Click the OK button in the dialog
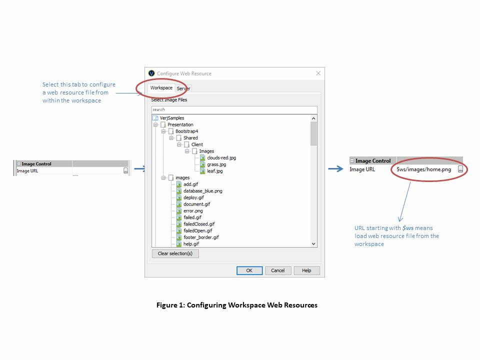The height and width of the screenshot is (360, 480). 249,270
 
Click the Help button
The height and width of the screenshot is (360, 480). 306,270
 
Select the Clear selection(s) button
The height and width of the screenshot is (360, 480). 175,253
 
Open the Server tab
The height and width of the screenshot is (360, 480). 183,88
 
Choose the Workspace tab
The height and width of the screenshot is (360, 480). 161,88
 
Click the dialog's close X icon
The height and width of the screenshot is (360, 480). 318,73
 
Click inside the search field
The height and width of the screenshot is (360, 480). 234,109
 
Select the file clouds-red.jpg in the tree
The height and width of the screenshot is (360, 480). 221,157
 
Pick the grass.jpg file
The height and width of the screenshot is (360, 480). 216,164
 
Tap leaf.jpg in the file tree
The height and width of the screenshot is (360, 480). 214,171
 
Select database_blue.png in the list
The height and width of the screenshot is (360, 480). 202,191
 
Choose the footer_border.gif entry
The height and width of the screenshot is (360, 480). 201,237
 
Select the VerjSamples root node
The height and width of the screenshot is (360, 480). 171,118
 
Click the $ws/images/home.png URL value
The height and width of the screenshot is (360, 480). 423,169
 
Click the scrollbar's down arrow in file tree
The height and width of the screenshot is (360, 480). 314,243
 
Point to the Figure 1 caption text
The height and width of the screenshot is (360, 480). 237,305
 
